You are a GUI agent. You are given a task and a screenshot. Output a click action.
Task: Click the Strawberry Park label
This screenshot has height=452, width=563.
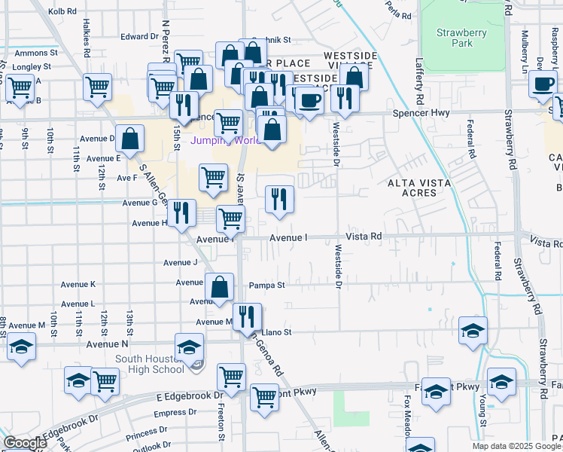461,38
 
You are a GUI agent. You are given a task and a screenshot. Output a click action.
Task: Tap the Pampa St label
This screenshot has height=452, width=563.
269,286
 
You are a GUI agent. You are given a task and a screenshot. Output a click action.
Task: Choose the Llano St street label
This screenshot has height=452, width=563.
275,331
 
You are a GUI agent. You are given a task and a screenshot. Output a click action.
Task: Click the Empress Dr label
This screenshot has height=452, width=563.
175,412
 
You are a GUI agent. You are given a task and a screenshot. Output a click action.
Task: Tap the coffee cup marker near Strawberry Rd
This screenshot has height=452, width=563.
542,84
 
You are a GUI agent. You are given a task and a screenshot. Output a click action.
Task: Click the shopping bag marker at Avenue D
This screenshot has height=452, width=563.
130,139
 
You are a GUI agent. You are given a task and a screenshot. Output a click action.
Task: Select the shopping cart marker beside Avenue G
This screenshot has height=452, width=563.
214,179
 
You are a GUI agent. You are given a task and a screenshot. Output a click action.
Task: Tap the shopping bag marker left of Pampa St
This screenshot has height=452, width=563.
219,287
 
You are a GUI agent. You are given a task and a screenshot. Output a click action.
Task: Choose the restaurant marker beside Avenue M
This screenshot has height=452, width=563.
246,317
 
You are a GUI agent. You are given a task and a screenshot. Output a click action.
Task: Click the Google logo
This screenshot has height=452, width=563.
25,443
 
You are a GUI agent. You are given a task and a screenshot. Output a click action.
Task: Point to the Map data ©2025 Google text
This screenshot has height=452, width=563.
517,446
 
